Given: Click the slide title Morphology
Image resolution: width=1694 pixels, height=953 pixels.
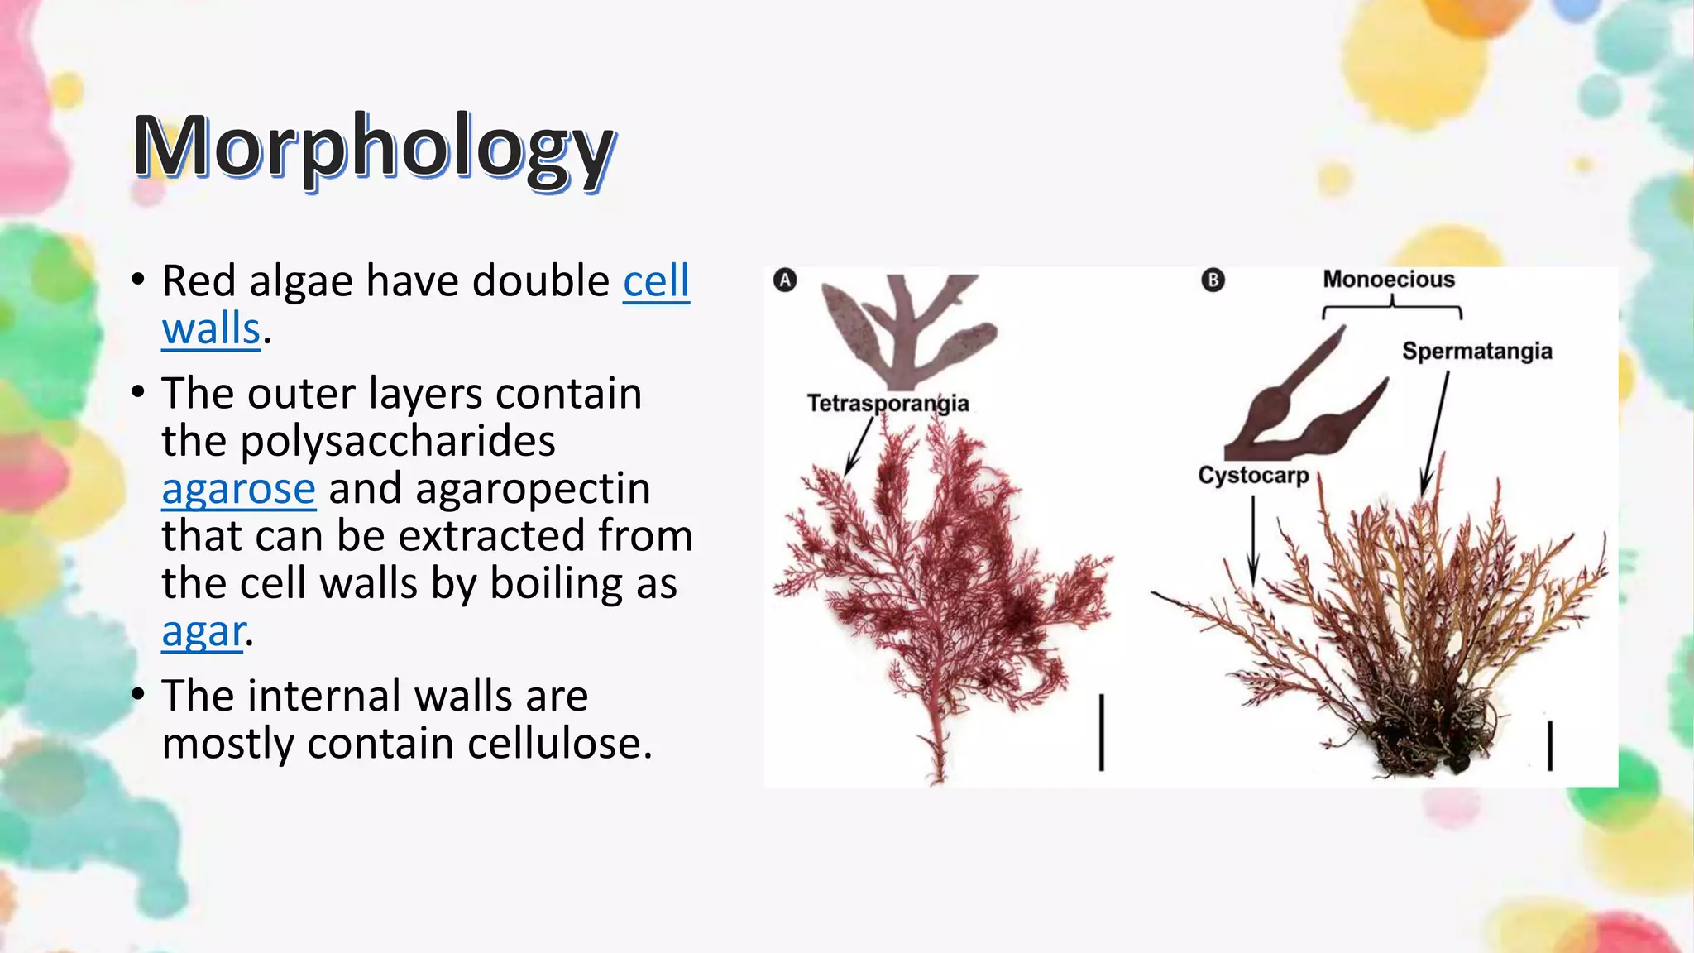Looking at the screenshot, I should coord(374,147).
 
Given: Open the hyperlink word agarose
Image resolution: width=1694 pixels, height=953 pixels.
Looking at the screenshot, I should coord(238,488).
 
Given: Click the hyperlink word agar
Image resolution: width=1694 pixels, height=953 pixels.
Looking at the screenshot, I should coord(203,631).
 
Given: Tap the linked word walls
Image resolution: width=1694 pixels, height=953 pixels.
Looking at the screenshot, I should coord(211,328).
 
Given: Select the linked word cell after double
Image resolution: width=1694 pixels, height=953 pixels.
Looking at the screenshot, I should coord(656,281).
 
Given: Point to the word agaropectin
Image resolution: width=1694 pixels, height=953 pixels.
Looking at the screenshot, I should coord(533,488).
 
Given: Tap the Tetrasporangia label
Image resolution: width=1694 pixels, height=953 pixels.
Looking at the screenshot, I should coord(888,403).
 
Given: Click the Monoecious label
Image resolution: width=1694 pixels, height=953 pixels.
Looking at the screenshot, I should coord(1388,280).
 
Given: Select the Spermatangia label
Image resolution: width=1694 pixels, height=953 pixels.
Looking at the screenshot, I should coord(1476,351).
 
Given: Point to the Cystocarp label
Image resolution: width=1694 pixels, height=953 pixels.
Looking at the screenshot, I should coord(1253,476).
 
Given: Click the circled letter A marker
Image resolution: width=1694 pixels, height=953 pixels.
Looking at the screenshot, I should coord(785,280).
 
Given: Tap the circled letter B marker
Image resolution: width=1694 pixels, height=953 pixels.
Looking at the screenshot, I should coord(1213,280).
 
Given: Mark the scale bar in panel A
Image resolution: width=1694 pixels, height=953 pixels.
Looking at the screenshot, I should coord(1101,733).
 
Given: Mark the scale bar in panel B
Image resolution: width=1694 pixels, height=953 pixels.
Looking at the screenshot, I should coord(1549,745).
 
